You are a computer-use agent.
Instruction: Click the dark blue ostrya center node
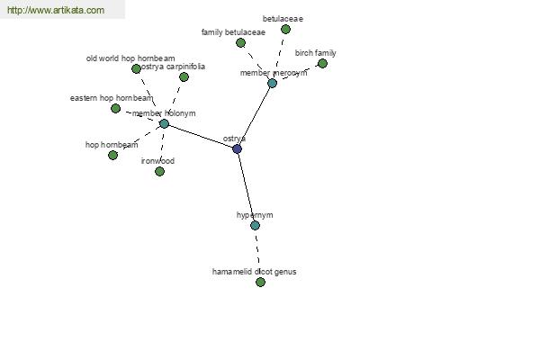pyautogui.click(x=237, y=148)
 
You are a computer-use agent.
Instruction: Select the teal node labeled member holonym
pyautogui.click(x=165, y=123)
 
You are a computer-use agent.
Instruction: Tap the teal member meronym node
pyautogui.click(x=272, y=83)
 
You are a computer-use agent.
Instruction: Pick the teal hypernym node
pyautogui.click(x=255, y=226)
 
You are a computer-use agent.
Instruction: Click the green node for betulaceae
pyautogui.click(x=285, y=30)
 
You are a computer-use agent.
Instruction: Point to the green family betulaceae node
pyautogui.click(x=240, y=43)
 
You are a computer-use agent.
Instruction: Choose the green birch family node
pyautogui.click(x=322, y=63)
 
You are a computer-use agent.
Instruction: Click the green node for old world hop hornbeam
pyautogui.click(x=136, y=69)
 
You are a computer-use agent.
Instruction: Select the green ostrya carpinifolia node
pyautogui.click(x=184, y=76)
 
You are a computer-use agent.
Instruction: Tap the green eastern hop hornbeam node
pyautogui.click(x=116, y=109)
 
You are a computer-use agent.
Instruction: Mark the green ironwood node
pyautogui.click(x=159, y=172)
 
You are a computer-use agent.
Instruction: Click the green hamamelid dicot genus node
pyautogui.click(x=260, y=283)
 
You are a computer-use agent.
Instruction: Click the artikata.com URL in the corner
pyautogui.click(x=56, y=10)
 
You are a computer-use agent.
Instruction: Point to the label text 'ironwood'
pyautogui.click(x=157, y=161)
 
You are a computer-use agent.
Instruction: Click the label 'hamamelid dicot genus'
pyautogui.click(x=254, y=272)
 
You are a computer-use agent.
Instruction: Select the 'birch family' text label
pyautogui.click(x=316, y=53)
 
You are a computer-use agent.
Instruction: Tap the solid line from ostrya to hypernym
pyautogui.click(x=246, y=187)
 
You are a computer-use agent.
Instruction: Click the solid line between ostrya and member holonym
pyautogui.click(x=201, y=137)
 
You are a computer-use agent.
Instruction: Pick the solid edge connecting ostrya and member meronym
pyautogui.click(x=255, y=116)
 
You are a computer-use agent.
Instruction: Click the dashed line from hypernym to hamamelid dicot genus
pyautogui.click(x=257, y=254)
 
